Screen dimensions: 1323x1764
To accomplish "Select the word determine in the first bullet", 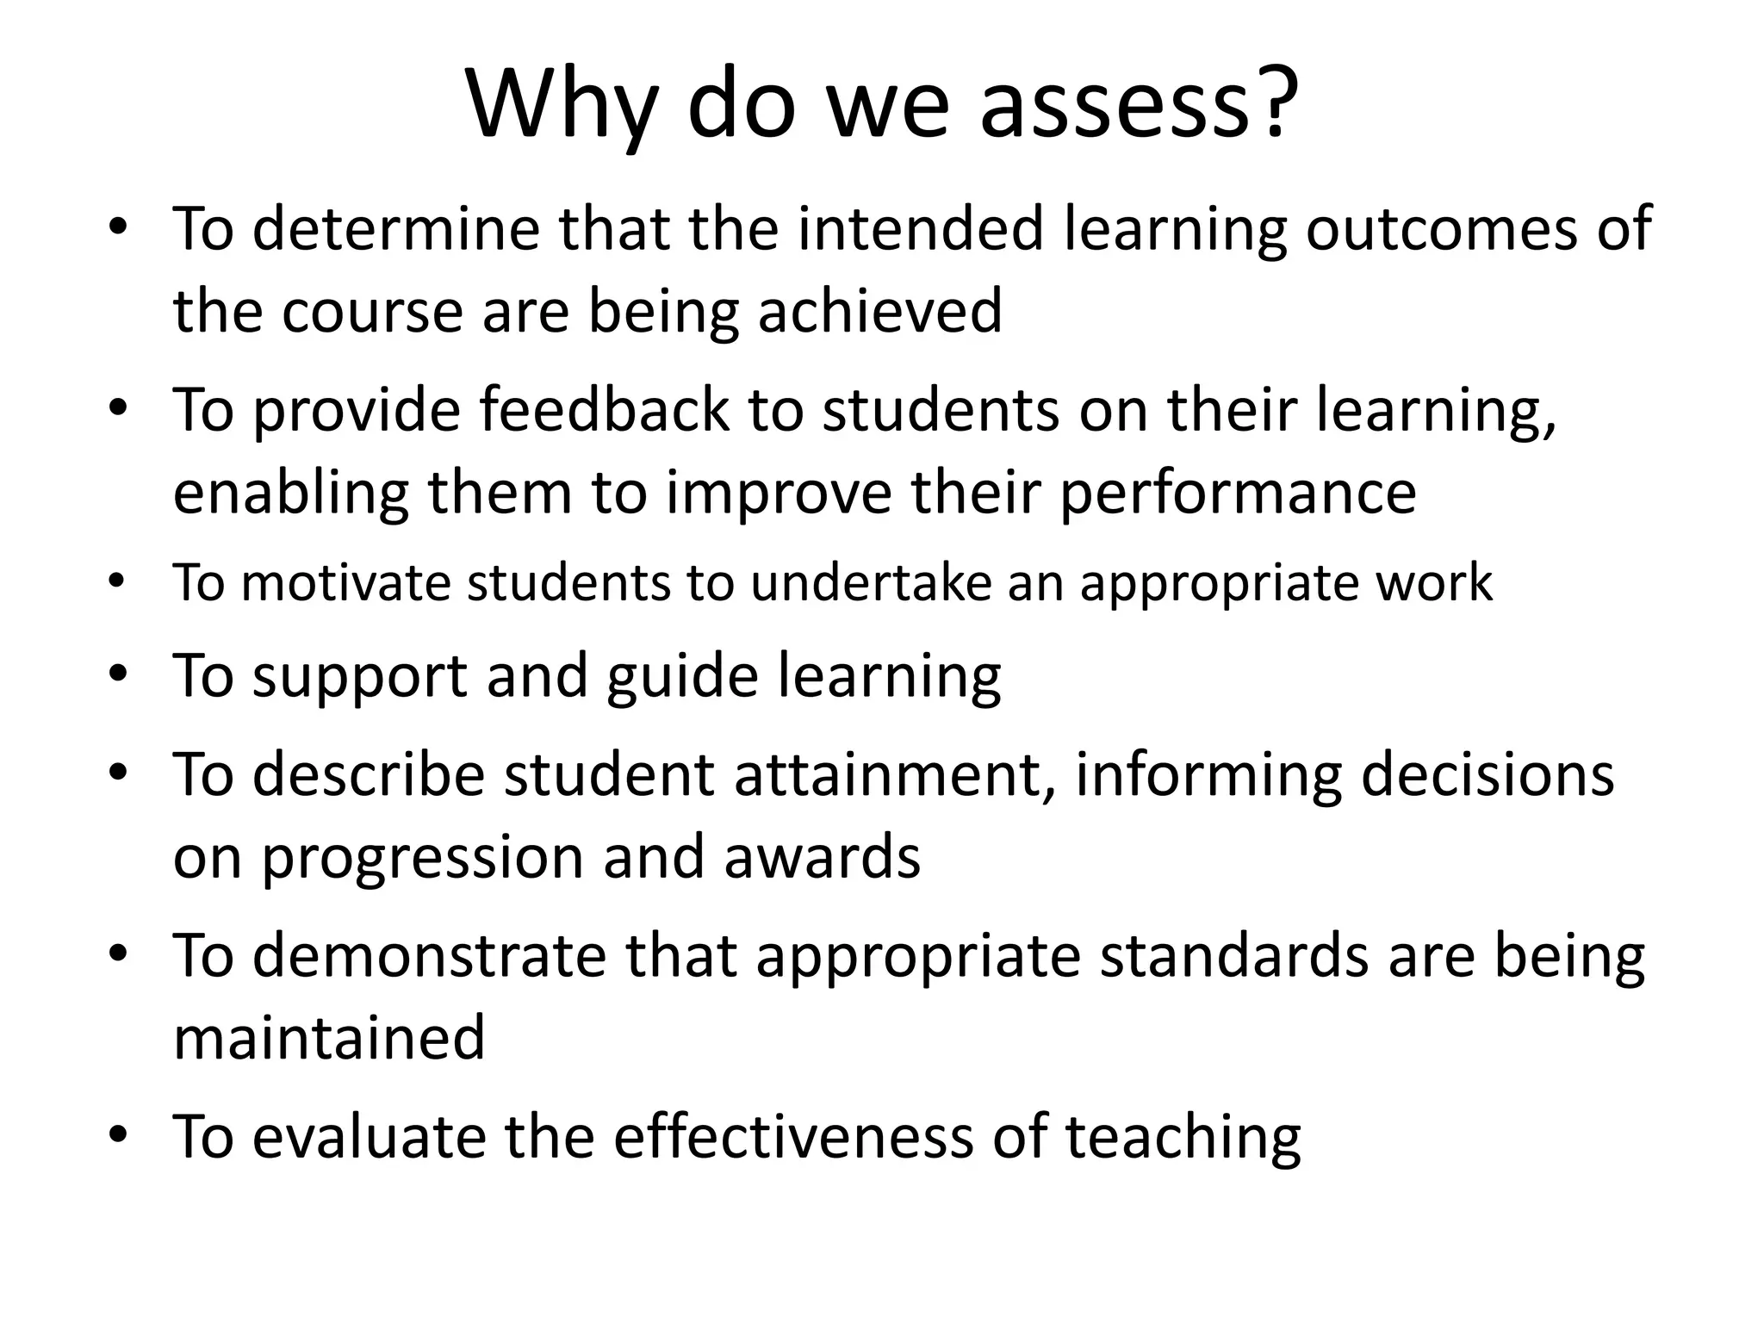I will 396,229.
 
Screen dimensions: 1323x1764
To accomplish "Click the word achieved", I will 879,311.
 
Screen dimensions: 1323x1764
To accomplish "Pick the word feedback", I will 604,410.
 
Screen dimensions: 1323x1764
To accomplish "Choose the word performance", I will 1239,493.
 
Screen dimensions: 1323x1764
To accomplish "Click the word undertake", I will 871,583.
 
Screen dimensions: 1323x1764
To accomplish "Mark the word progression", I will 422,858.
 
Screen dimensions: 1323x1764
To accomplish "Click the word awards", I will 822,858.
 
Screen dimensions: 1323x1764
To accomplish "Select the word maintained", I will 329,1038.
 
